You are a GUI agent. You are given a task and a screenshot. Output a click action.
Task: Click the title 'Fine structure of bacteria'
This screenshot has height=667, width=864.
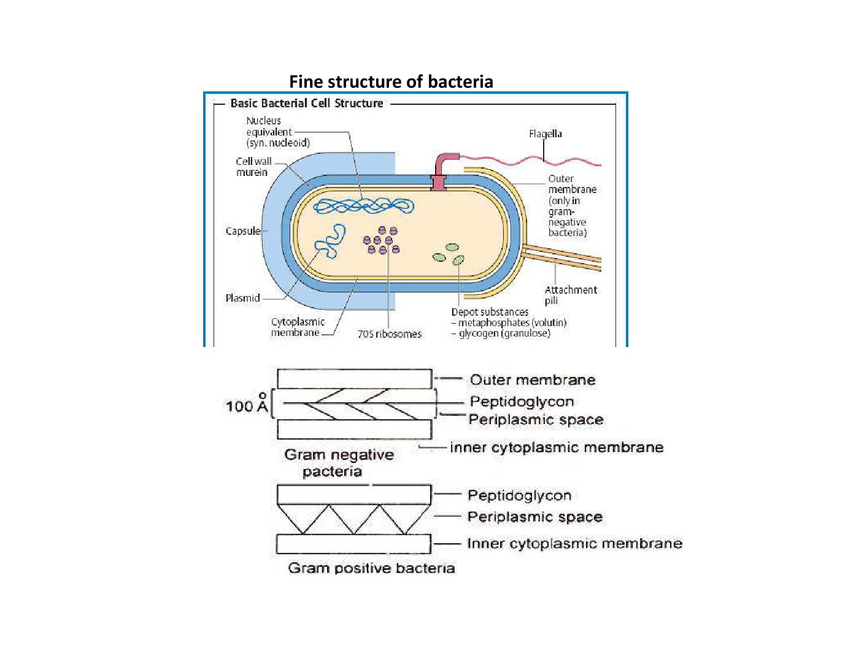[391, 82]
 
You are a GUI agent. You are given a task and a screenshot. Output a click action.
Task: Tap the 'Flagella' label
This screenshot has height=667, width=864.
[545, 134]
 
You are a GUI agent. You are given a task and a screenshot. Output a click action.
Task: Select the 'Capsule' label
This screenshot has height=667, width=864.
[242, 231]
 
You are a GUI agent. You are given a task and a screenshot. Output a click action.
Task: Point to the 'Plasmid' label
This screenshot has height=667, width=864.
[242, 299]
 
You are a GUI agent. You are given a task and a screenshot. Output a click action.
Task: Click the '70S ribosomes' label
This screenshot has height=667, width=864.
[390, 334]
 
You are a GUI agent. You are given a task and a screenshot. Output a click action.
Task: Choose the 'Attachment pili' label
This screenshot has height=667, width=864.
[570, 295]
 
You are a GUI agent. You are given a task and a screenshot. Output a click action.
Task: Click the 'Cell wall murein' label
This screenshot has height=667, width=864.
[253, 167]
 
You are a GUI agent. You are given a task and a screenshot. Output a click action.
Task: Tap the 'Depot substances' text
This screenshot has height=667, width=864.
[490, 312]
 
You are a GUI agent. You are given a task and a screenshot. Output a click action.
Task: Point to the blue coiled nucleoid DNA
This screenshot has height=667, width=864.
[362, 206]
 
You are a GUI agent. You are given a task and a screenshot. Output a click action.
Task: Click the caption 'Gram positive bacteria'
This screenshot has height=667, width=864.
[371, 568]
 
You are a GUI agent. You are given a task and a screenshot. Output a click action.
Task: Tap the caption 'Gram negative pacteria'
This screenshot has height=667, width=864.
[338, 463]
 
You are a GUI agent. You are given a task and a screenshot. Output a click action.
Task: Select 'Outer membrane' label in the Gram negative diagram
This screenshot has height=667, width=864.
[532, 380]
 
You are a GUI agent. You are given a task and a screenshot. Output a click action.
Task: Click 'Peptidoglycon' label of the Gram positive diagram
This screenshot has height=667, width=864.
[519, 495]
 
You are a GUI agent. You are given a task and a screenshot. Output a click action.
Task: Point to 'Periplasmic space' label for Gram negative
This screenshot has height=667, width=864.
[536, 420]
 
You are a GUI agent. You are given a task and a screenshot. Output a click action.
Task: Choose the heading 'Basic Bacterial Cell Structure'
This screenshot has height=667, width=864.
[306, 104]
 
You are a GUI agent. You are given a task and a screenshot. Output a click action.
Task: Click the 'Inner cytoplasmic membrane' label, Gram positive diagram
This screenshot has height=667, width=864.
[574, 544]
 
